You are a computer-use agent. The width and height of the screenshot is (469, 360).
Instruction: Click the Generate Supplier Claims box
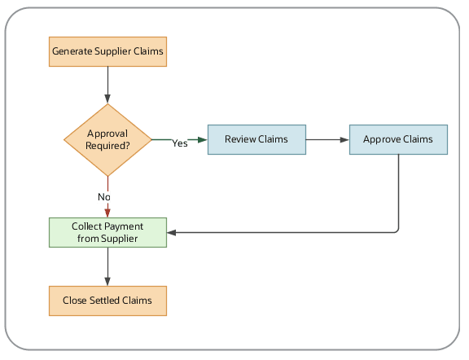[x=107, y=51]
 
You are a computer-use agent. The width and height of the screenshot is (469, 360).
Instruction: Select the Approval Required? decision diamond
[x=107, y=139]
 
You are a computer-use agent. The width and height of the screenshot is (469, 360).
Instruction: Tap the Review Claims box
[x=256, y=139]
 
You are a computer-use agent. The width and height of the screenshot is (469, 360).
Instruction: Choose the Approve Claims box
[x=398, y=139]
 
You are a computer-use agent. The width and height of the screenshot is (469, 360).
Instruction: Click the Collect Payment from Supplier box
[x=107, y=232]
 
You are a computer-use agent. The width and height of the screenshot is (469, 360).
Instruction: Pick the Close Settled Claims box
[x=107, y=300]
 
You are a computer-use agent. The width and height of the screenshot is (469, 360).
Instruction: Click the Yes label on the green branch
[x=179, y=143]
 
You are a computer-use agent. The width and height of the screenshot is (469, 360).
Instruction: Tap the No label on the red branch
[x=104, y=197]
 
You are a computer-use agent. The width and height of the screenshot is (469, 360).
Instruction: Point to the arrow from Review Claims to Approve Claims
[x=327, y=139]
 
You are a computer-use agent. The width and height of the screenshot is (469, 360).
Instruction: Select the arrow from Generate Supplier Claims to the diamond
[x=107, y=85]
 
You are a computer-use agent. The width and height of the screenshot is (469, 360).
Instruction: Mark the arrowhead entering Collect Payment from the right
[x=173, y=233]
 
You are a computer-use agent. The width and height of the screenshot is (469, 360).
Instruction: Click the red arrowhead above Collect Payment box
[x=107, y=212]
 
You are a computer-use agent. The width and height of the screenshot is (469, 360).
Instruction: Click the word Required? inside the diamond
[x=107, y=146]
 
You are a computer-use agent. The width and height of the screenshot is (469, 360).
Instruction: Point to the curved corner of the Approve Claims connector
[x=397, y=230]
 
